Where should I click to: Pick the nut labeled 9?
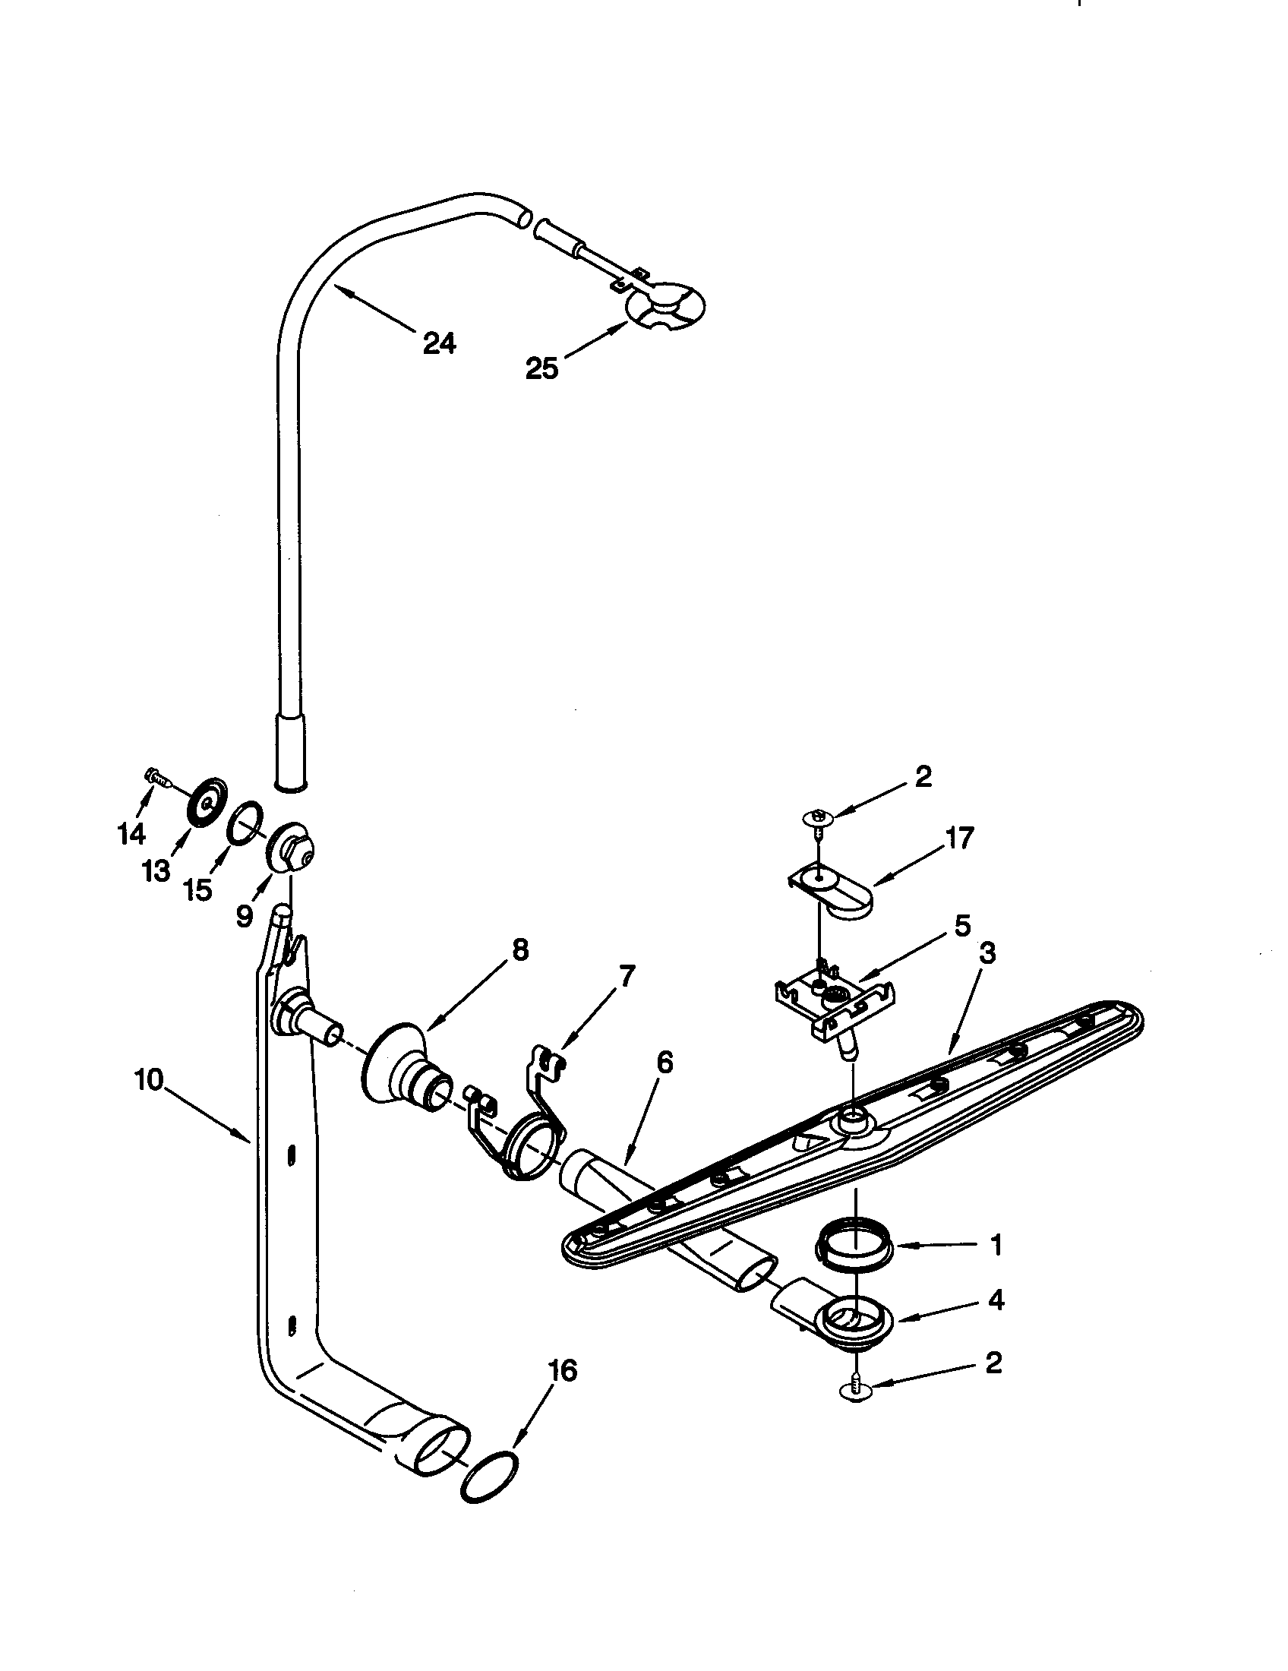tap(292, 848)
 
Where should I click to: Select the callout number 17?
tap(960, 839)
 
